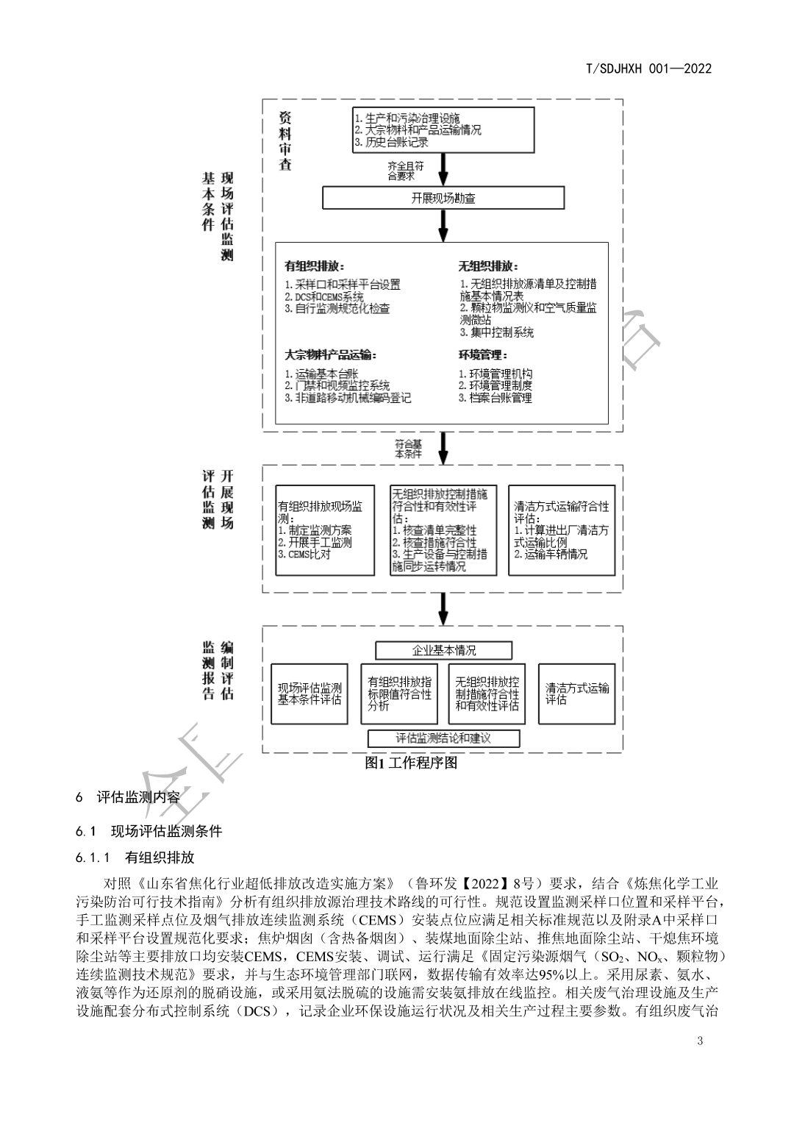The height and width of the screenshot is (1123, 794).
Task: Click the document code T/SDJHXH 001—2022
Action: [649, 68]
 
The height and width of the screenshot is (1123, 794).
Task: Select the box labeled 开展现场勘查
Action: [443, 198]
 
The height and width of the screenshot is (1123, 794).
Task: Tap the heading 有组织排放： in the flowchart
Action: [314, 266]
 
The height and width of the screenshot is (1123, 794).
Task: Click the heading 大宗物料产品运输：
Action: [330, 355]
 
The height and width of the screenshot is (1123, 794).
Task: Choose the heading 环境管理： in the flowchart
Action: [483, 355]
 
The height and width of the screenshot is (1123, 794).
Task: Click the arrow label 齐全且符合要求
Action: [406, 171]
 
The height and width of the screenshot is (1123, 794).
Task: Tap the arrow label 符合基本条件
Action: [409, 449]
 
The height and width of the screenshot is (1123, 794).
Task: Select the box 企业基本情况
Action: [443, 650]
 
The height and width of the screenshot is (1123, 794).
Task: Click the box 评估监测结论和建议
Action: [443, 738]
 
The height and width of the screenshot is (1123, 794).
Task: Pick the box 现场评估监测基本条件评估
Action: [310, 694]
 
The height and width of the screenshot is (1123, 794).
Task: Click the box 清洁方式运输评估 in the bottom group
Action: [577, 694]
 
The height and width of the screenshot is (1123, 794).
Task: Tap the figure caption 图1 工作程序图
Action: [411, 763]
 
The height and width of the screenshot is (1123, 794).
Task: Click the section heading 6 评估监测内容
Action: [128, 796]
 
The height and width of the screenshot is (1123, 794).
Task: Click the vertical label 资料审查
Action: [285, 140]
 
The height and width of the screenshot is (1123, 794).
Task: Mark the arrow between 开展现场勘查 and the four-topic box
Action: [443, 226]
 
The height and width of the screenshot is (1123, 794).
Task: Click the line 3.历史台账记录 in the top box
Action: [391, 142]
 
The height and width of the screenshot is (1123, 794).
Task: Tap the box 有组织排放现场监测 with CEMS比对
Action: [324, 530]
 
